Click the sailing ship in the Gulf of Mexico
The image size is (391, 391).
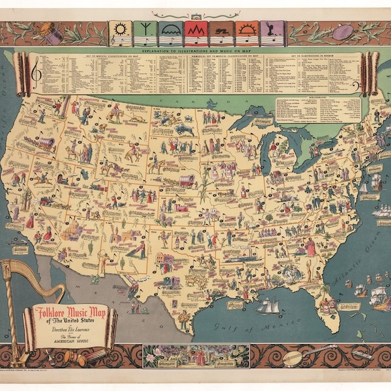(x=268, y=305)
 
